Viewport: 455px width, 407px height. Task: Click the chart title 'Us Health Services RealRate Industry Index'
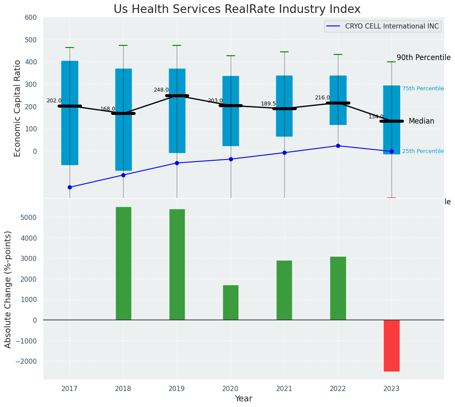(x=237, y=9)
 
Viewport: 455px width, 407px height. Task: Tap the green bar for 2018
(x=123, y=263)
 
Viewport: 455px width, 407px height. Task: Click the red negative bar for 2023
(x=391, y=345)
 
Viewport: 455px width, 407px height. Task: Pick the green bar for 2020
(x=231, y=302)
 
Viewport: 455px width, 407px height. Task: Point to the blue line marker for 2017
(x=70, y=187)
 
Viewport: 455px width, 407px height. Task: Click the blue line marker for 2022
(x=338, y=146)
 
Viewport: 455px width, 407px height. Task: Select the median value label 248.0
(x=161, y=90)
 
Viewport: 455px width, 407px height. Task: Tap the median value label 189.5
(x=268, y=104)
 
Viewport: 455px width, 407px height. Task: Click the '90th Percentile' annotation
(x=423, y=58)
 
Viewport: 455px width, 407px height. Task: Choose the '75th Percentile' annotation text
(x=423, y=89)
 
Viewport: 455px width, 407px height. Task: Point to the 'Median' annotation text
(x=421, y=121)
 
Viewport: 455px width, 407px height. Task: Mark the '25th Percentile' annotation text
(x=423, y=151)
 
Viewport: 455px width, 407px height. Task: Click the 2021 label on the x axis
(x=284, y=389)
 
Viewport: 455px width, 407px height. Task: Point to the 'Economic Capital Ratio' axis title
(x=18, y=108)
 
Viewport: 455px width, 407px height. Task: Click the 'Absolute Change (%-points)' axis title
(x=8, y=289)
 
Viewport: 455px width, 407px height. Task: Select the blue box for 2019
(x=177, y=111)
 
